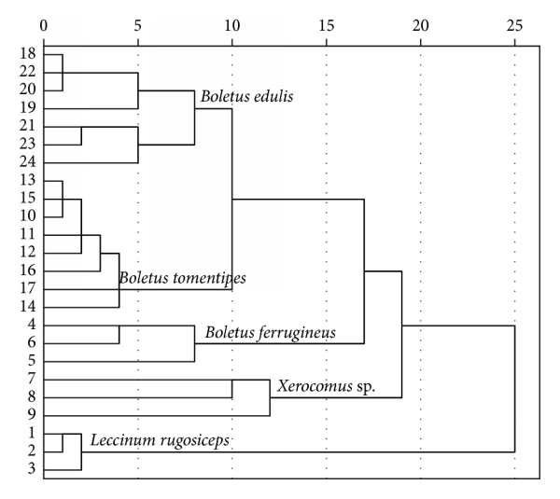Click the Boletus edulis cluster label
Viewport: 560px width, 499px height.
(x=246, y=96)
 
